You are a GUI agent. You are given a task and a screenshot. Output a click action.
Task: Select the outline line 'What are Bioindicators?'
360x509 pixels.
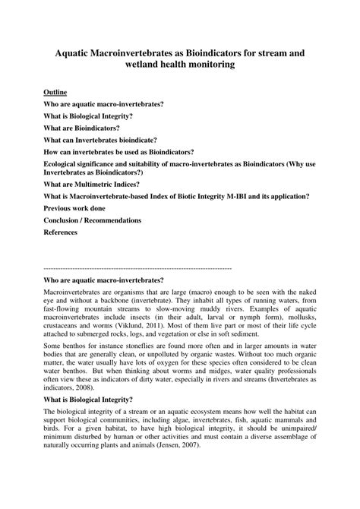(81, 128)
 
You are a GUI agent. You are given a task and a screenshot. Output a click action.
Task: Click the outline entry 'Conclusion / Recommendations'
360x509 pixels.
(93, 220)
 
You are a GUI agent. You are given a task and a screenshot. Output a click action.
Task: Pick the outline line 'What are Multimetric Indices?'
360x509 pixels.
(93, 183)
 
